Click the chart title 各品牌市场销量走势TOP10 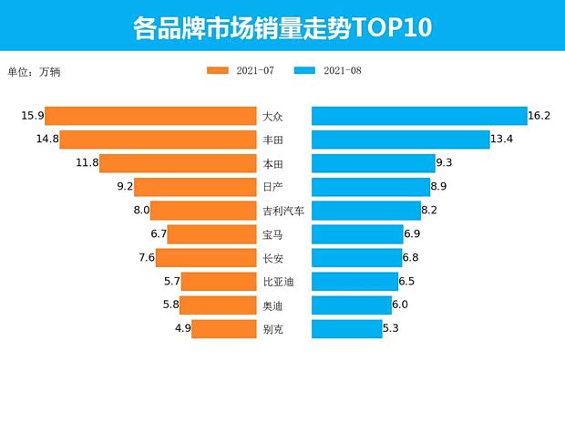(282, 27)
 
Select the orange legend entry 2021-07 (241, 70)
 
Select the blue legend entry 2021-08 (328, 70)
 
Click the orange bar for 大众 (150, 116)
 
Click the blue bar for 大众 (419, 116)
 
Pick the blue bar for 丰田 (401, 140)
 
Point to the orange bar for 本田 (178, 163)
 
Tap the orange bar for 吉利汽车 (203, 211)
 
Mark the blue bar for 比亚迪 (355, 282)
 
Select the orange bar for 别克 (223, 328)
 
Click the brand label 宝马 (272, 234)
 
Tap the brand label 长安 (272, 258)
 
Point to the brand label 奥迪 (272, 305)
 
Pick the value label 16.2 (539, 116)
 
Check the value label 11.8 (87, 163)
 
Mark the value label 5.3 (391, 328)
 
